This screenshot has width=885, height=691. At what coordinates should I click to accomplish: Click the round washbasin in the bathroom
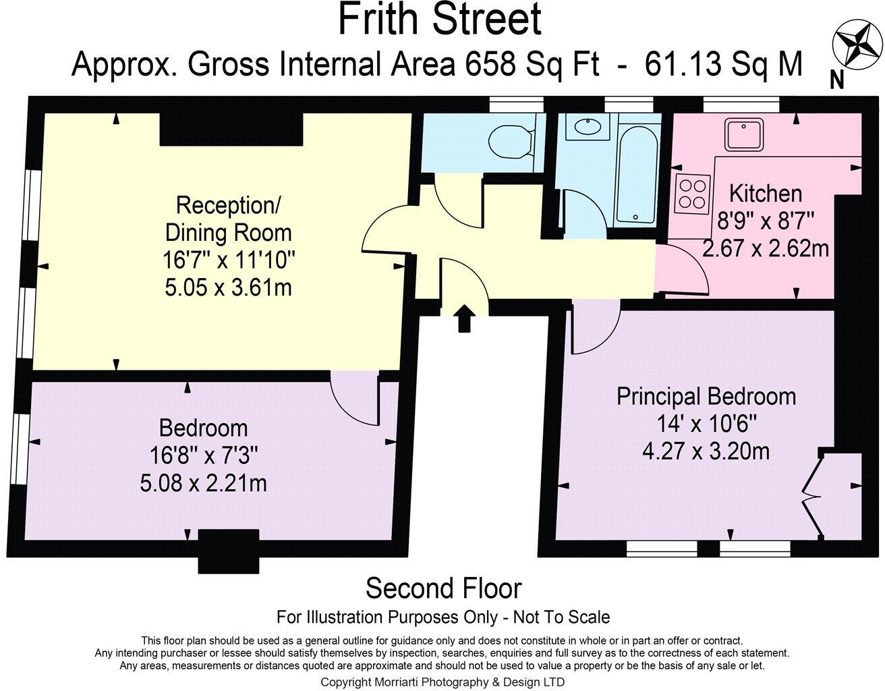[588, 126]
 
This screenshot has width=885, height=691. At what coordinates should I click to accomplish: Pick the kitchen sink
[743, 134]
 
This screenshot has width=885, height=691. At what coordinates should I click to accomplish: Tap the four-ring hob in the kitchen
[692, 194]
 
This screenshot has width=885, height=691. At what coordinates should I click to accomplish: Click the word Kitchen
[765, 193]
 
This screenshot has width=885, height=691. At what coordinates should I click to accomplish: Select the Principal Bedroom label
[706, 396]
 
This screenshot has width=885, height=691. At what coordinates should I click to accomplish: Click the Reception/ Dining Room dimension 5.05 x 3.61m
[228, 287]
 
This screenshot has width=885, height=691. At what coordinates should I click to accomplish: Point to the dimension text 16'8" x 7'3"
[203, 455]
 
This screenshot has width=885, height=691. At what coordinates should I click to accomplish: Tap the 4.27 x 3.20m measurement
[706, 451]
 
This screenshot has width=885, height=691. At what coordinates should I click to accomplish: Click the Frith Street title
[439, 20]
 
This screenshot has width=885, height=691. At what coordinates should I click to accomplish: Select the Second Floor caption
[443, 588]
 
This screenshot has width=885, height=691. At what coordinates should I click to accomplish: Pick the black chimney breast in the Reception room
[231, 129]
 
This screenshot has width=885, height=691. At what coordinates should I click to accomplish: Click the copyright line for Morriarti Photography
[442, 682]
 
